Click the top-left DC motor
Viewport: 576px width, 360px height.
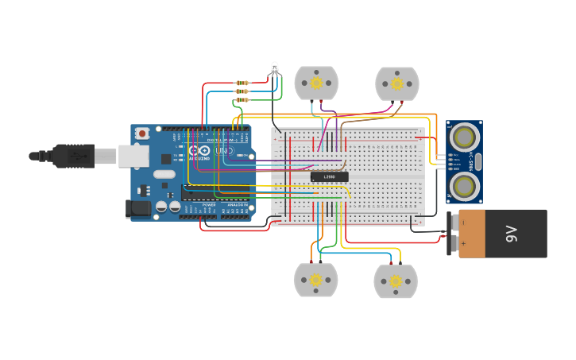316,83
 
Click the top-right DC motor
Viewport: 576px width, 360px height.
396,83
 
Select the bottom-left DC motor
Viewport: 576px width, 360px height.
315,280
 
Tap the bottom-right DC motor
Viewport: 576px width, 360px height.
396,281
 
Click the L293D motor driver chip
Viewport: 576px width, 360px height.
329,176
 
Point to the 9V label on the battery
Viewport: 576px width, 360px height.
512,234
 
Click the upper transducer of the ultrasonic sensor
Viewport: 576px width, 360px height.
463,137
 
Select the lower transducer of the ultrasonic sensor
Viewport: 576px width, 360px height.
463,186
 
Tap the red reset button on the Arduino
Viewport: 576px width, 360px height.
142,134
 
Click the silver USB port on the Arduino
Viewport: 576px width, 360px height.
133,156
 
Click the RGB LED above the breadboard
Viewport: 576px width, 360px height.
275,68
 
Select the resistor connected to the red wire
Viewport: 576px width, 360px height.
242,83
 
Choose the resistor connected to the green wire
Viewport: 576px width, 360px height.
242,100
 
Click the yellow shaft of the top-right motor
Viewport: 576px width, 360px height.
396,83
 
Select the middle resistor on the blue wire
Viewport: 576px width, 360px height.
242,91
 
